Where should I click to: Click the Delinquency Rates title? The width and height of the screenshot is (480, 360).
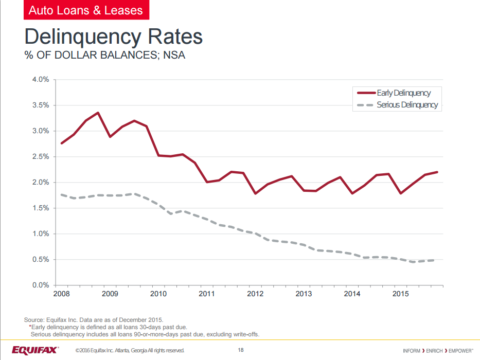coord(113,37)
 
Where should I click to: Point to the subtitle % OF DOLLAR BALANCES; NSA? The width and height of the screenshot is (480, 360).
coord(104,56)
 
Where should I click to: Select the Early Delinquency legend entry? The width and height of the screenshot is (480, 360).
coord(403,93)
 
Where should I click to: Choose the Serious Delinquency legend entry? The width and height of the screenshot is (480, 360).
coord(407,105)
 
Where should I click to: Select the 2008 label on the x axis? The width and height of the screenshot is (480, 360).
coord(62,294)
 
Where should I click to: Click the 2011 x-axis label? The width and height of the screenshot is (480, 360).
coord(207,294)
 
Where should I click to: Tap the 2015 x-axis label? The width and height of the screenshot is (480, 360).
coord(400,294)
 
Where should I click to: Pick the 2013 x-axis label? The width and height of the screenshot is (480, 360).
coord(304,294)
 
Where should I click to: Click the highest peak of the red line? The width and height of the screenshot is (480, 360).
coord(98,113)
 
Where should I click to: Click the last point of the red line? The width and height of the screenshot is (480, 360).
coord(437,172)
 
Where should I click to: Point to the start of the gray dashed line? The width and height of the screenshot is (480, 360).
coord(62,194)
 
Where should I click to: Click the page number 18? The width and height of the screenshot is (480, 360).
coord(241,350)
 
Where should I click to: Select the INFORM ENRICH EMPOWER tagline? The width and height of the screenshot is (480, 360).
coord(438,351)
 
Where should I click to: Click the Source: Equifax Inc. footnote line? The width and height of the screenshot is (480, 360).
coord(94,319)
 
